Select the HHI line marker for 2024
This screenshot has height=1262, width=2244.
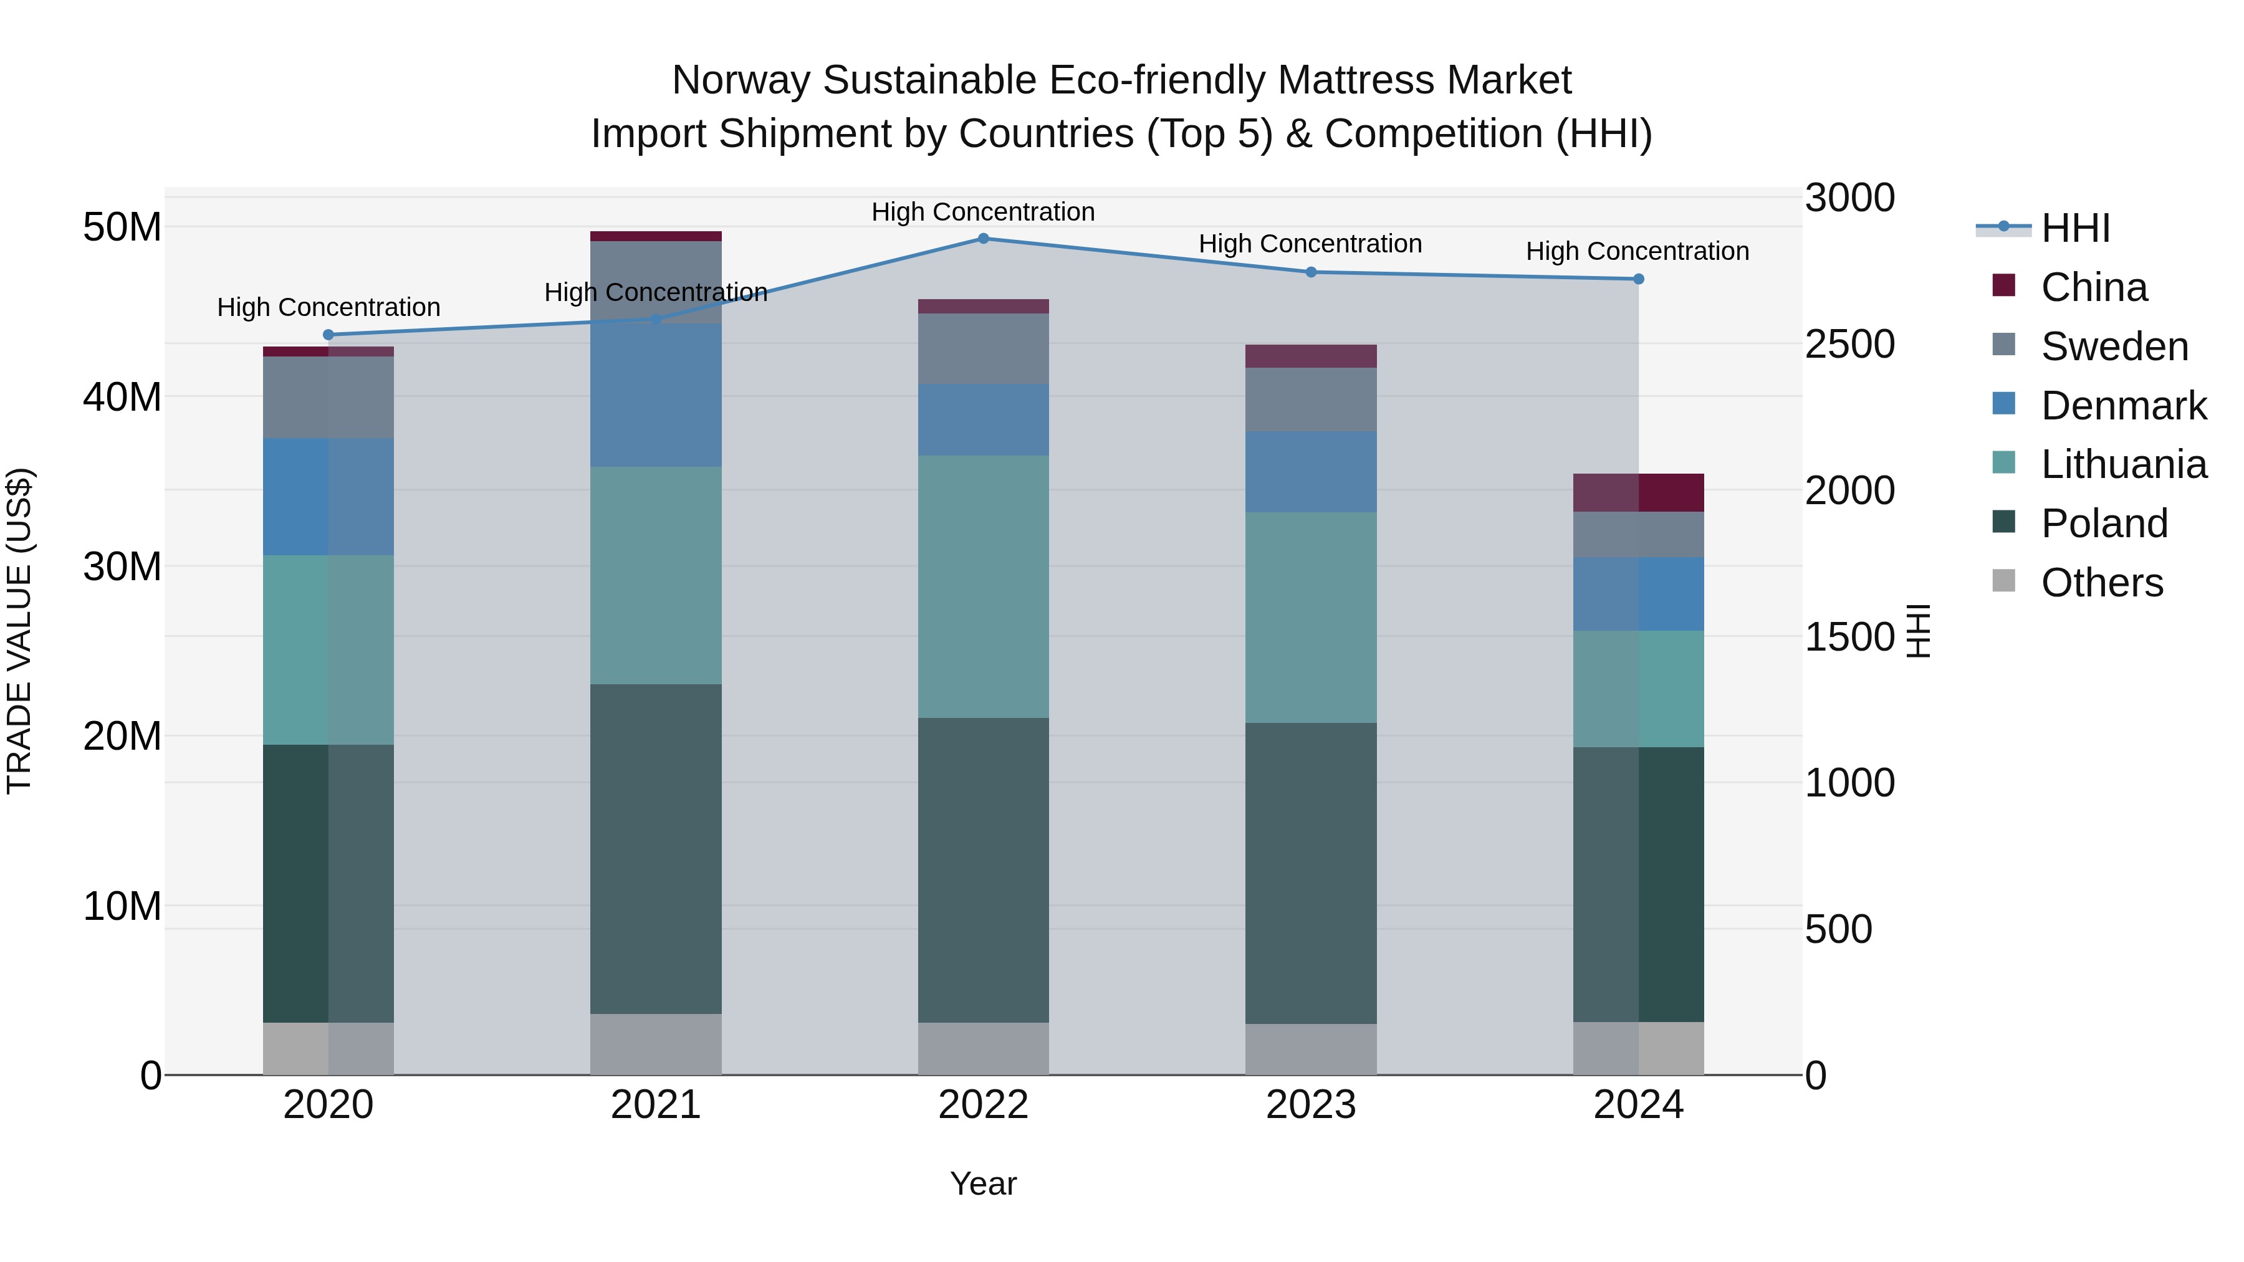coord(1637,279)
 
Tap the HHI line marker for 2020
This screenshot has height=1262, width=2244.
coord(328,335)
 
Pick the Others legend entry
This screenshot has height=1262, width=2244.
coord(2101,583)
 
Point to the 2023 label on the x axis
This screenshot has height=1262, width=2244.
coord(1310,1105)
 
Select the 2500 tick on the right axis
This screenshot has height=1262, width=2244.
coord(1849,344)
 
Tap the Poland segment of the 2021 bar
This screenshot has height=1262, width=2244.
coord(656,849)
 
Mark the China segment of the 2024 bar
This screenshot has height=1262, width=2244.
coord(1637,493)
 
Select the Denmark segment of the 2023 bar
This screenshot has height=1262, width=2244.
coord(1310,471)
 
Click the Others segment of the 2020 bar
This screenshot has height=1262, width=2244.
coord(328,1049)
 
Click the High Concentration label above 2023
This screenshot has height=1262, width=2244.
coord(1310,244)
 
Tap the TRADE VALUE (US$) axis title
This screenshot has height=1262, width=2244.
coord(19,631)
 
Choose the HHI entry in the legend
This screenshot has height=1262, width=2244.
coord(2075,228)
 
